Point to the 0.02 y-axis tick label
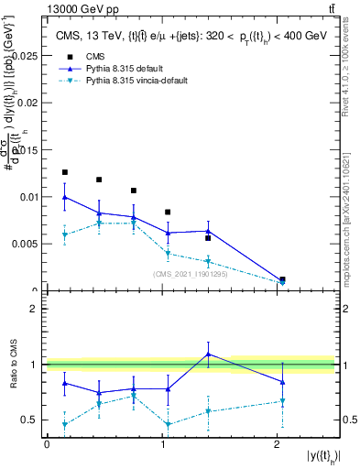point(27,103)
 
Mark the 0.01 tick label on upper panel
point(27,197)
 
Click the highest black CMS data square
point(64,172)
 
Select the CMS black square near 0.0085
point(168,213)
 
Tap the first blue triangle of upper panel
point(64,197)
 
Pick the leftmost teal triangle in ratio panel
point(64,424)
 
